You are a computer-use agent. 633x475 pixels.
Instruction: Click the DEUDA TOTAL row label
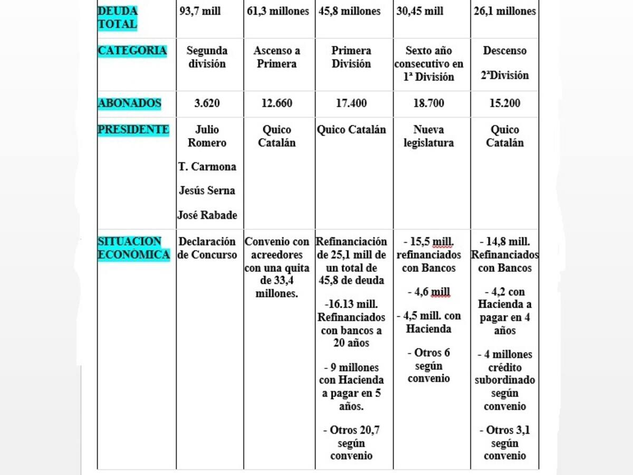click(118, 17)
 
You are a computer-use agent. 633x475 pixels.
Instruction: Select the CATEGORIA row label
click(132, 51)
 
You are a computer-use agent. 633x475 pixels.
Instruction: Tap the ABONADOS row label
click(129, 103)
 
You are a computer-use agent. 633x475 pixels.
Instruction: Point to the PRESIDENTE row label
click(133, 130)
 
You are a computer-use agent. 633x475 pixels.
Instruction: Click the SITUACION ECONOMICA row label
click(133, 248)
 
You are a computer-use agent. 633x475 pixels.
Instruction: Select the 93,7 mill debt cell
click(200, 11)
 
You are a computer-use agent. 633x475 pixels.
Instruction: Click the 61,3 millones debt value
click(278, 11)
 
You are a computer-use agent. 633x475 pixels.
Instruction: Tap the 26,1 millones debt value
click(505, 11)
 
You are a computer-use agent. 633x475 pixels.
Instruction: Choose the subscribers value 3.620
click(207, 103)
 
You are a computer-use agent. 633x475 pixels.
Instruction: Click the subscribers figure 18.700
click(429, 103)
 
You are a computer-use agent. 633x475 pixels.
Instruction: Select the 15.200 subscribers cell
click(505, 103)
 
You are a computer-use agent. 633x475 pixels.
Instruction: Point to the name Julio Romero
click(207, 136)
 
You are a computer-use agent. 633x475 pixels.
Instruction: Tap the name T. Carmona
click(207, 167)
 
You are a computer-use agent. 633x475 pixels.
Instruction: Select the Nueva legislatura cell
click(429, 136)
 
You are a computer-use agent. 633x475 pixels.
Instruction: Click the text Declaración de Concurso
click(207, 248)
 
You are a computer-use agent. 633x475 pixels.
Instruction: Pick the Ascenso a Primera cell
click(277, 57)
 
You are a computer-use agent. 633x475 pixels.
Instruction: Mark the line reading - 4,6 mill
click(429, 292)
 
